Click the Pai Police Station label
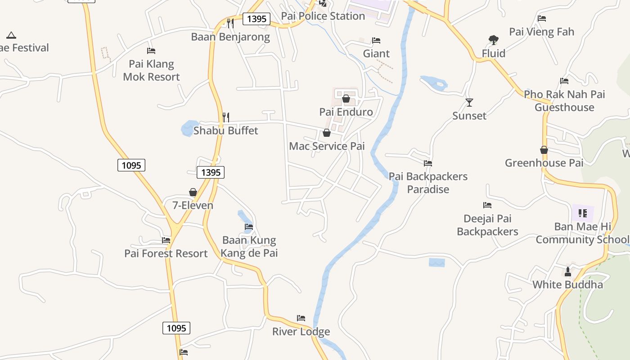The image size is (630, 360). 323,16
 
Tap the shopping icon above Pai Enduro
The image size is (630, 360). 346,99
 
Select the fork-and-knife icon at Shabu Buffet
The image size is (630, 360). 226,117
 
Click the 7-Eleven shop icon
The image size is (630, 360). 193,192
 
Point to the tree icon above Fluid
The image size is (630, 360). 494,40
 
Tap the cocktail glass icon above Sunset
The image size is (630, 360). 469,103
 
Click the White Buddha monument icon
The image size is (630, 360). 567,272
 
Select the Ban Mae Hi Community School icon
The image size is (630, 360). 583,213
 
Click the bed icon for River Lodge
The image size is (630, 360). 301,318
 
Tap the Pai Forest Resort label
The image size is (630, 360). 166,253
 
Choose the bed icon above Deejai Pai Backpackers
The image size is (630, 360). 487,205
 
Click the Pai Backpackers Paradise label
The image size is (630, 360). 428,183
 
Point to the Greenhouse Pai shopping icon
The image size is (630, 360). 544,150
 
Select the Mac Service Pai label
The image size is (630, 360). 327,146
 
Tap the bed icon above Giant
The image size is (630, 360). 376,40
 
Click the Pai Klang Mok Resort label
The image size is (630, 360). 151,70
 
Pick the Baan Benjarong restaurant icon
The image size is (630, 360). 230,23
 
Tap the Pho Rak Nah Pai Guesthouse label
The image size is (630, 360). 564,101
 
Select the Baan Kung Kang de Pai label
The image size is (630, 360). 249,247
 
